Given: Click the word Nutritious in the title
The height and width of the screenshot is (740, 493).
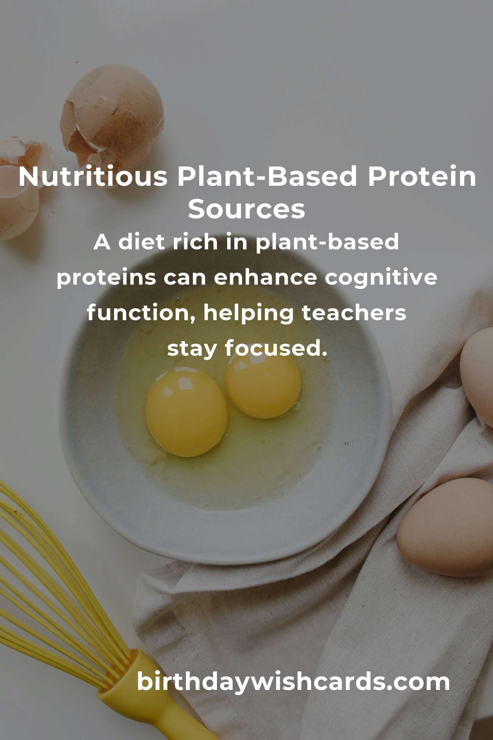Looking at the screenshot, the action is pos(93,177).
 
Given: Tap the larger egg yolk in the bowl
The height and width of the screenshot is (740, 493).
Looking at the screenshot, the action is pos(187,412).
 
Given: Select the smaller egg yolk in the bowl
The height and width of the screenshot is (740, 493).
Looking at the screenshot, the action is pos(263,388).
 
